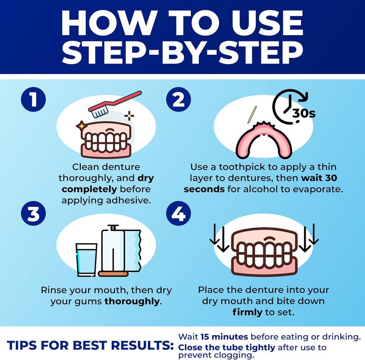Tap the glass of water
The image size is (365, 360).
tap(86, 260)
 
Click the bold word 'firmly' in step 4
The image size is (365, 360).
tap(247, 313)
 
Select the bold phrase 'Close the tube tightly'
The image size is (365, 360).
tap(226, 347)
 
